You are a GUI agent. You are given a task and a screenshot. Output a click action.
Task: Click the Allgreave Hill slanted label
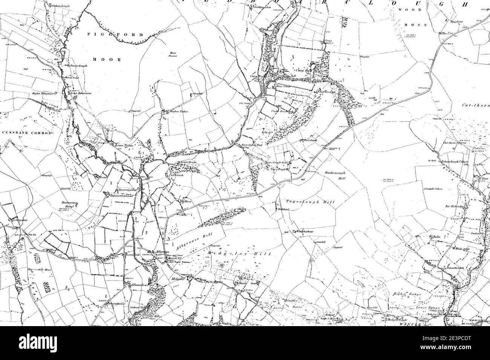194,238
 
